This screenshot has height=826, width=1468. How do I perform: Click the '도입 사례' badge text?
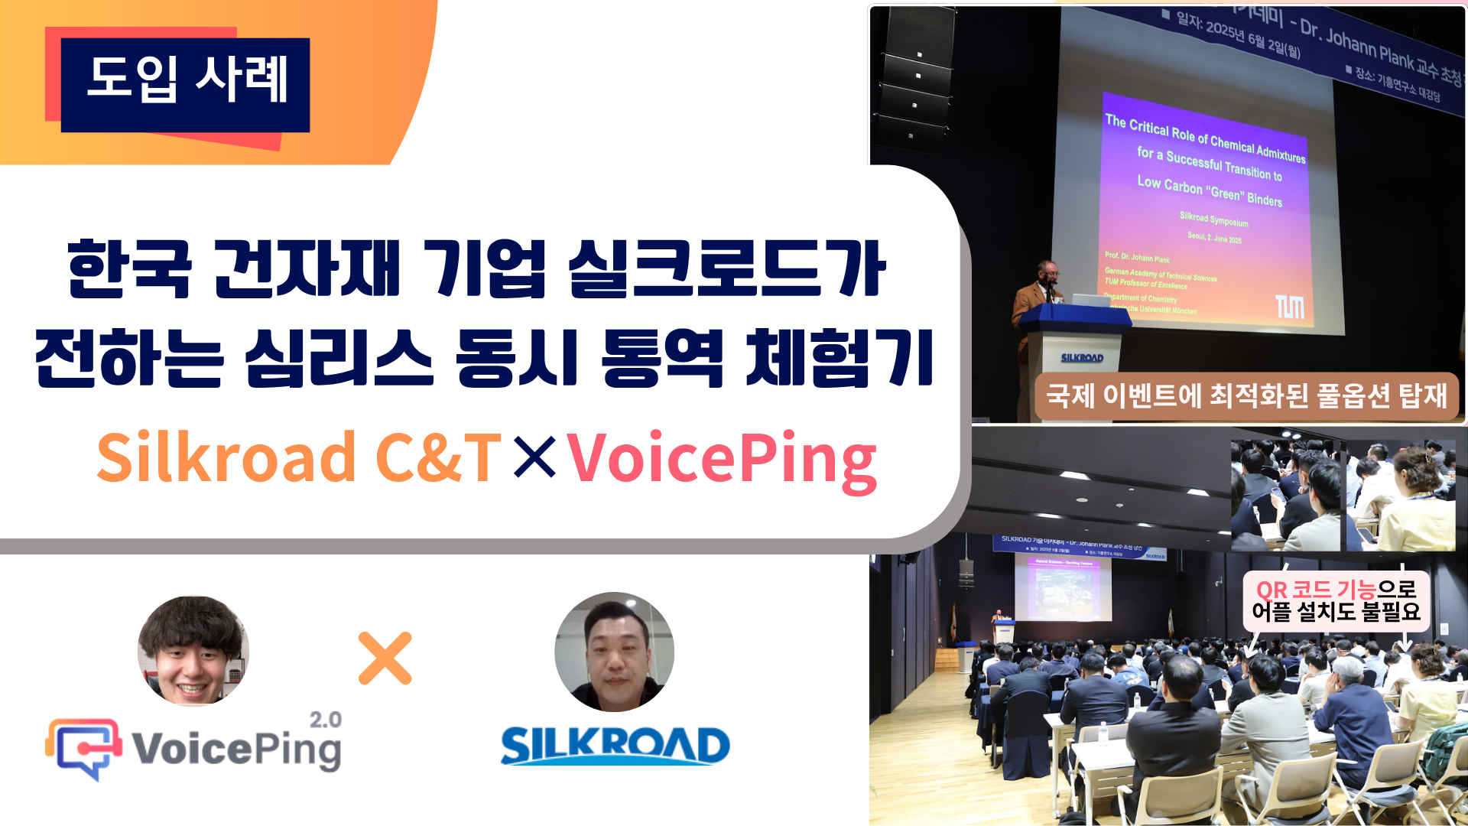(187, 80)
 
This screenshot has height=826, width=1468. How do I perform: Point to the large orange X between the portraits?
(385, 658)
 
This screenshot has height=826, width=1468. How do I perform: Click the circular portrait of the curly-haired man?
(193, 650)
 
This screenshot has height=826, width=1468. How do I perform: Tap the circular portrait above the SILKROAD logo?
(614, 652)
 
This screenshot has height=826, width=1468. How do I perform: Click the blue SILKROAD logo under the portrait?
(615, 746)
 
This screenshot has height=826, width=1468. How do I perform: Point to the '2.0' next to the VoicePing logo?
(326, 720)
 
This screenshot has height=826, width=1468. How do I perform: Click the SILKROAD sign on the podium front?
(1082, 358)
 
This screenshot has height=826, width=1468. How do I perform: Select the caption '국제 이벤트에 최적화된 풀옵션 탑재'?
(1246, 396)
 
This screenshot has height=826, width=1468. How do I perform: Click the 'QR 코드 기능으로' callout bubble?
(1336, 601)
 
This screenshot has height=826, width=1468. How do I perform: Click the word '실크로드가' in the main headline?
(726, 269)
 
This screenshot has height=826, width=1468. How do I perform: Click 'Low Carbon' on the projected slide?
(1169, 185)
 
